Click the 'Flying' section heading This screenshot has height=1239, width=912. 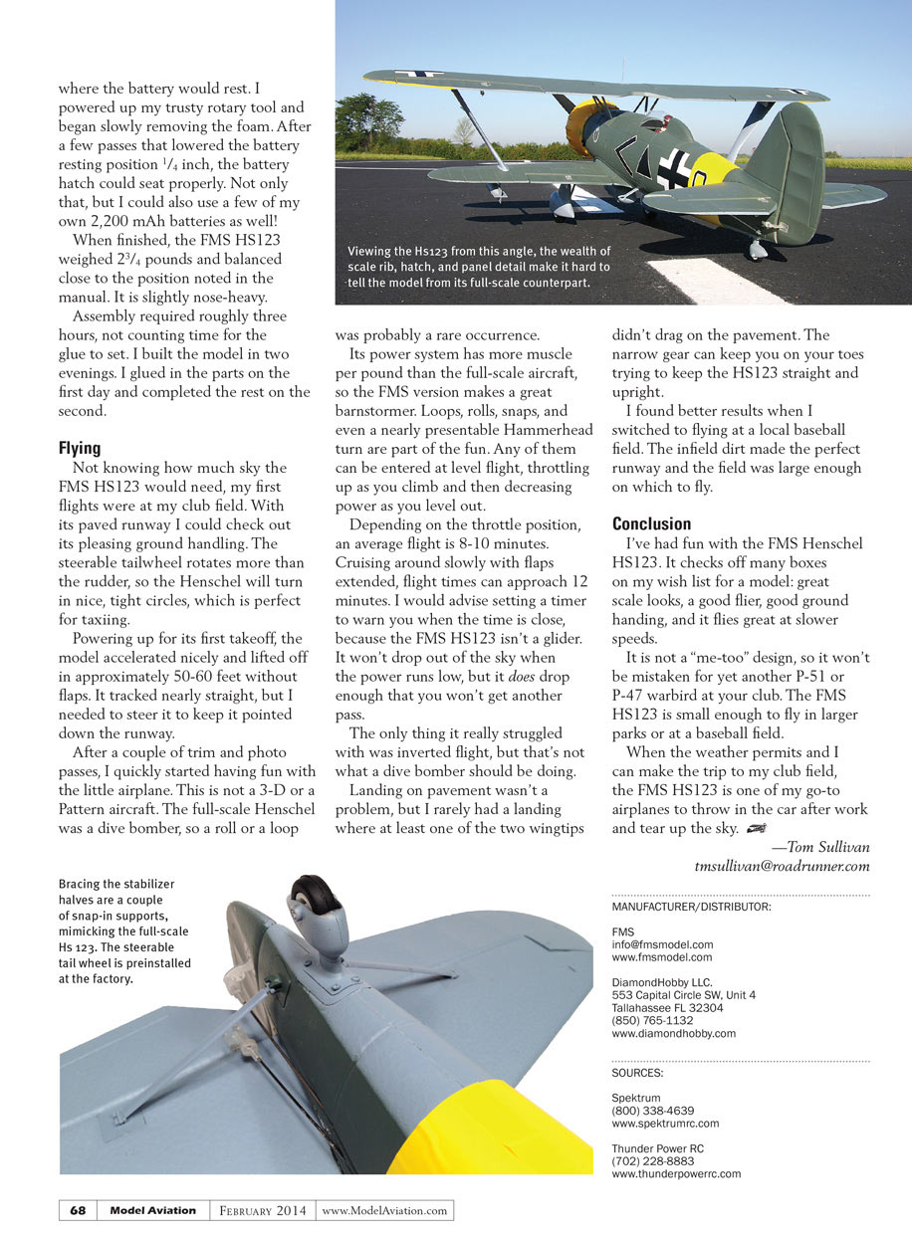[80, 448]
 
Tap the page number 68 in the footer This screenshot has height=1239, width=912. [78, 1210]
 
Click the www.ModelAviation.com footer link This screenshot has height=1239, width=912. [385, 1210]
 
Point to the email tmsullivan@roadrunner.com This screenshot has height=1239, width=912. [782, 866]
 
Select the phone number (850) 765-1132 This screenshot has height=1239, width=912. [652, 1020]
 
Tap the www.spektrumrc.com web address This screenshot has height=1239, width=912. [665, 1123]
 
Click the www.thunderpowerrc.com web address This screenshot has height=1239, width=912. [676, 1173]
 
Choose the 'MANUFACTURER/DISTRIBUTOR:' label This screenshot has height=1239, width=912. [691, 906]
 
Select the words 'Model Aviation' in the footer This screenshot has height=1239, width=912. [152, 1210]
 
